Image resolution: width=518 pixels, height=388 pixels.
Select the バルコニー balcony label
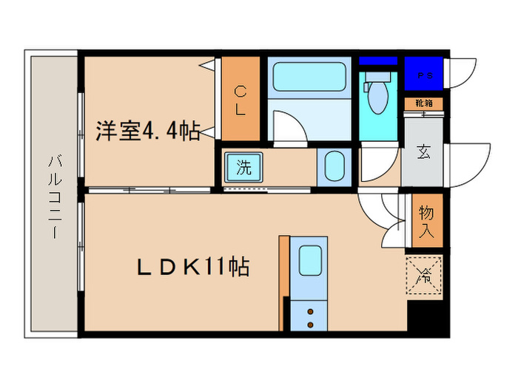pos(54,196)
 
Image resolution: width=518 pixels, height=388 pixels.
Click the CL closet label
pos(241,101)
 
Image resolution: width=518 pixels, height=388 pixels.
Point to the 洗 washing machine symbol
pos(243,167)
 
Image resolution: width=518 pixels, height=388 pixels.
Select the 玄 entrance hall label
pos(424,152)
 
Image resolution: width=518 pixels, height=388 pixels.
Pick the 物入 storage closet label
pos(427,221)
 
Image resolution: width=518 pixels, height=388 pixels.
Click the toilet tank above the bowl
pos(377,76)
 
